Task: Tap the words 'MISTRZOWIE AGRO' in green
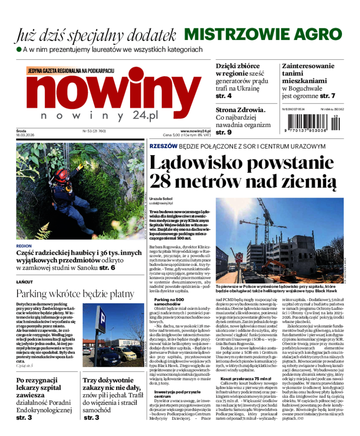(263, 34)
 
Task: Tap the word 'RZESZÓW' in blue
(163, 147)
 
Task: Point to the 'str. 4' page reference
(224, 96)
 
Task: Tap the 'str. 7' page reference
(328, 96)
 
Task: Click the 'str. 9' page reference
(224, 132)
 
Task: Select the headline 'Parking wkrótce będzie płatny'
(75, 294)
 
